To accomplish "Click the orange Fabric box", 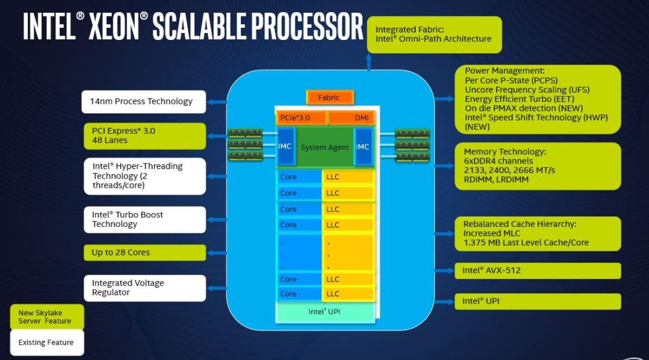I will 330,98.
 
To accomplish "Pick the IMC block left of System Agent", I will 285,147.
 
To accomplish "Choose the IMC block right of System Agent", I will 363,147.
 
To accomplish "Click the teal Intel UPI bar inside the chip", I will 324,312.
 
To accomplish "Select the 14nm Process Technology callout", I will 144,102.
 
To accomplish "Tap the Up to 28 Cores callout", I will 145,253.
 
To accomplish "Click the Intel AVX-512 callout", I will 537,271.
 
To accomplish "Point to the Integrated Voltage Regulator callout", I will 145,288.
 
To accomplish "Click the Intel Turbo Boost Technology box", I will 145,219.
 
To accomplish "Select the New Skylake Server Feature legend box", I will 46,317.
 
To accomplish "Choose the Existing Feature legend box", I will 46,343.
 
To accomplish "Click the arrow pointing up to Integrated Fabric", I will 369,62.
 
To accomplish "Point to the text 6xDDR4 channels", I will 499,161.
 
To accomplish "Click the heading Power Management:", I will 504,71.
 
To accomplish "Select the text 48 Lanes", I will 110,140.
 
